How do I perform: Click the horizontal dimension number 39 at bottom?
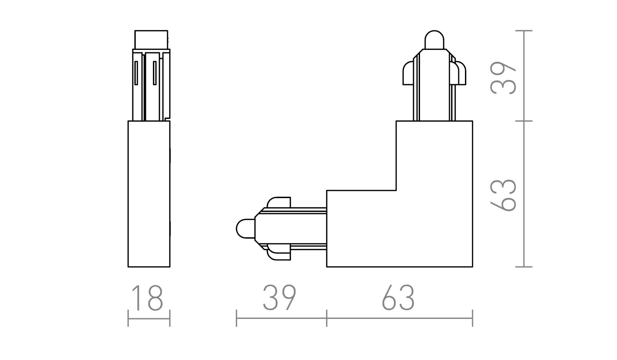[x=279, y=298]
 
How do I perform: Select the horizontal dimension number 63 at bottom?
[x=398, y=298]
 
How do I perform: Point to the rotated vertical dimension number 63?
[x=503, y=195]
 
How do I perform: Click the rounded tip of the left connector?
[x=246, y=229]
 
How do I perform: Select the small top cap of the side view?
[x=151, y=40]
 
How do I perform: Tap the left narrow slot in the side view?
[x=136, y=73]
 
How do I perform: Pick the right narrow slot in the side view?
[x=155, y=73]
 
